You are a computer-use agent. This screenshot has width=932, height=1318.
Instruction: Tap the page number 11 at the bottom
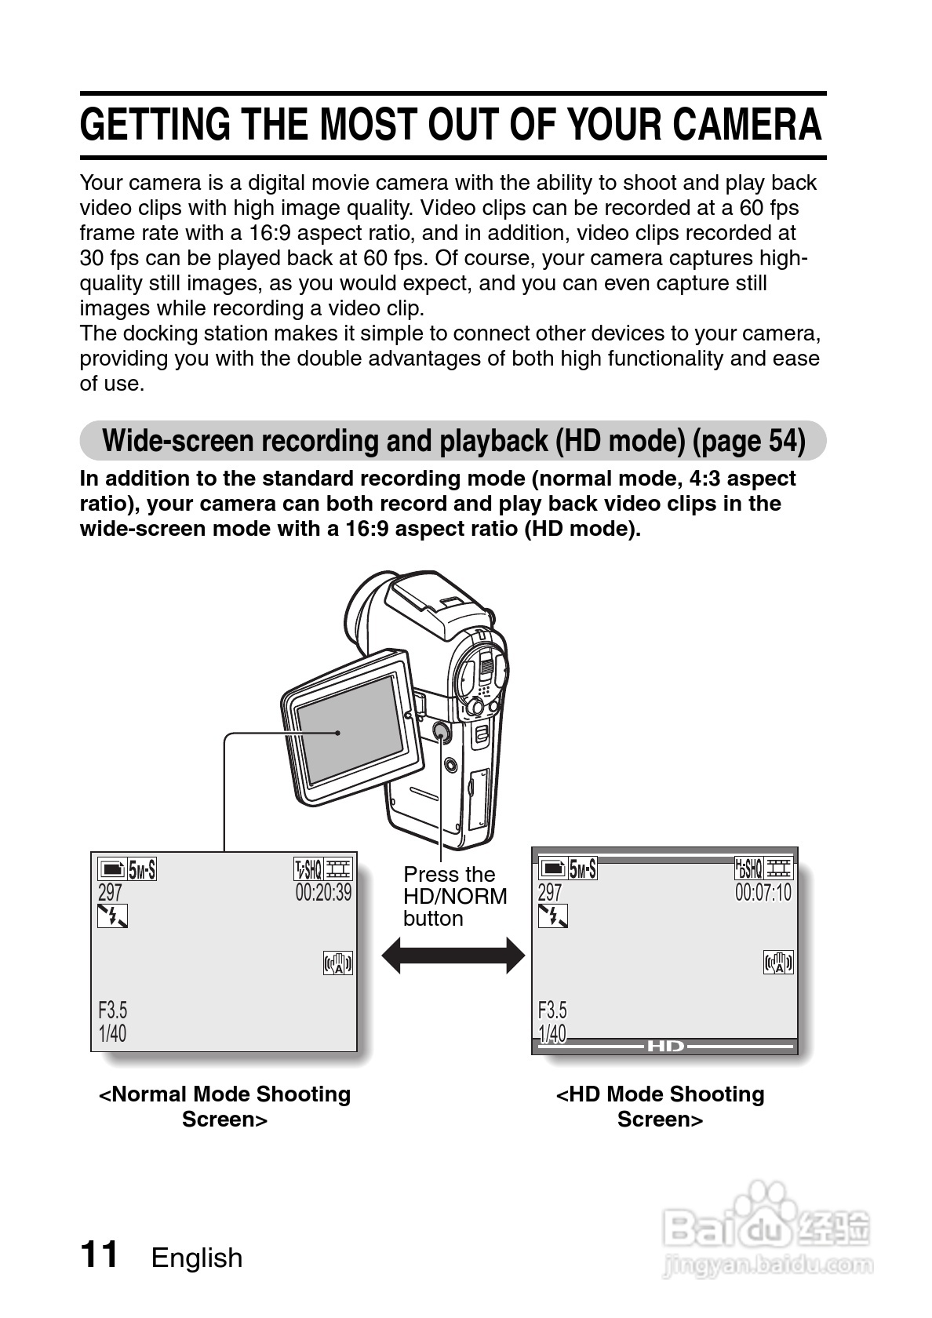[99, 1254]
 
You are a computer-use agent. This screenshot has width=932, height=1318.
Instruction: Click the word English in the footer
[197, 1258]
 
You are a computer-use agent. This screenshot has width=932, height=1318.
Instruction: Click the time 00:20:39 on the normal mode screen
[323, 893]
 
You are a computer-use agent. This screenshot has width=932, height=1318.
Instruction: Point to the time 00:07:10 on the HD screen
[763, 893]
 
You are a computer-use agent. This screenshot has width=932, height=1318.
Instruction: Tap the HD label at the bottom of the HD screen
[665, 1046]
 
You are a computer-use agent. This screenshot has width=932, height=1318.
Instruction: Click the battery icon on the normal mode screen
[111, 869]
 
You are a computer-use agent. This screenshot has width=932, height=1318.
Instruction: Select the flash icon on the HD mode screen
[553, 916]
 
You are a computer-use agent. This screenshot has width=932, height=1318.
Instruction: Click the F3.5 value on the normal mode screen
[113, 1009]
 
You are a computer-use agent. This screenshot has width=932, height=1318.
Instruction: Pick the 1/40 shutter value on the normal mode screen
[112, 1033]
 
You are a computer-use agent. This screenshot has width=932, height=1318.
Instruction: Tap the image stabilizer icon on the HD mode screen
[777, 962]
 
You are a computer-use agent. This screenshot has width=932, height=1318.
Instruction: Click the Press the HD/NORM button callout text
[455, 896]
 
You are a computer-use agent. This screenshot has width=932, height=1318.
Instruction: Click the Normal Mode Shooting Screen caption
[224, 1106]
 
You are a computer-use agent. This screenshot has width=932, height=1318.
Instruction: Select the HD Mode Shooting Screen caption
[660, 1106]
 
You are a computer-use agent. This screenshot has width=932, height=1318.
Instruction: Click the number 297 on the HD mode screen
[550, 893]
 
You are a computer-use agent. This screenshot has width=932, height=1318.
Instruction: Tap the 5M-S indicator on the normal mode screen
[141, 869]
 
